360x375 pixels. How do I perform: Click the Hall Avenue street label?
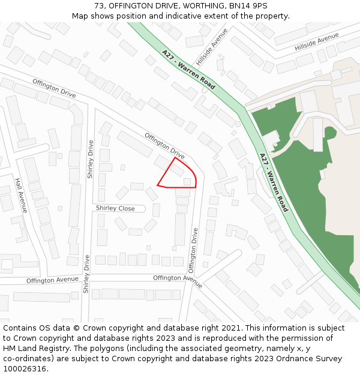pyautogui.click(x=21, y=196)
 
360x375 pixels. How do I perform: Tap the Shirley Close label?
pyautogui.click(x=115, y=208)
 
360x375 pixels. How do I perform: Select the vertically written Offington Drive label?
pyautogui.click(x=193, y=250)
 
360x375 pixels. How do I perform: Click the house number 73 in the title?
pyautogui.click(x=99, y=6)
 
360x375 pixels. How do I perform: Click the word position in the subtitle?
pyautogui.click(x=139, y=16)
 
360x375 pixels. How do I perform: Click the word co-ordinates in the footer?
pyautogui.click(x=28, y=359)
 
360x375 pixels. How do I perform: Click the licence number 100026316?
pyautogui.click(x=25, y=369)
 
